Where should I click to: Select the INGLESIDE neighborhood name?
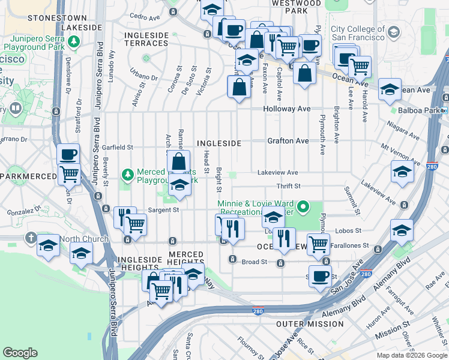(x=219, y=143)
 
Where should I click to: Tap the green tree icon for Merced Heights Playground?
(x=127, y=175)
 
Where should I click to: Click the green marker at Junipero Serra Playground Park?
(x=73, y=42)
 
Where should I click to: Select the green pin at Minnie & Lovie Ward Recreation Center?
(x=304, y=208)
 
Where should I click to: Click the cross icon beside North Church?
(x=31, y=238)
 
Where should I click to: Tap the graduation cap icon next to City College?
(x=394, y=31)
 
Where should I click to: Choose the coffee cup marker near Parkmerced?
(x=68, y=154)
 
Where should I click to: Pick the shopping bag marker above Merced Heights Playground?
(x=179, y=161)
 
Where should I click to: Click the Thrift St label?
(x=288, y=186)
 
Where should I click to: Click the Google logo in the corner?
(x=20, y=353)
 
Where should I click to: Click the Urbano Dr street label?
(x=143, y=77)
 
